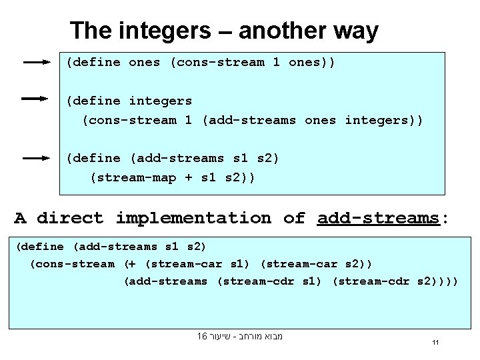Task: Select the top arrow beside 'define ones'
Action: point(37,63)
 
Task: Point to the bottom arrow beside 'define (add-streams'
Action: point(37,159)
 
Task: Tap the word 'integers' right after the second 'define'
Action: point(160,101)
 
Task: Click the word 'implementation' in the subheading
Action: point(193,218)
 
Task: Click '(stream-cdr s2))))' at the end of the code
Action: point(395,281)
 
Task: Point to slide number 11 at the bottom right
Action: point(434,343)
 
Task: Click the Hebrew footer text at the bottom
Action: point(240,337)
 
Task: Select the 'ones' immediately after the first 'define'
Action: point(145,63)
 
